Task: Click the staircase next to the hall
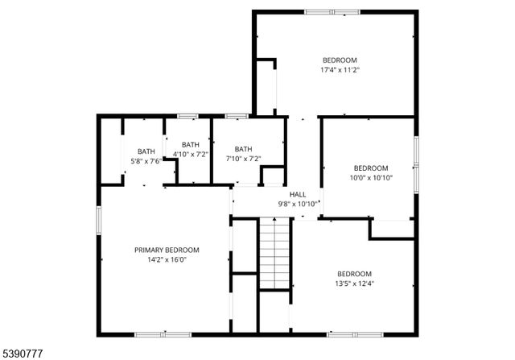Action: tap(274, 254)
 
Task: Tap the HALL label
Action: tap(298, 194)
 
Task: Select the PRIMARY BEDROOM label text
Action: tap(167, 250)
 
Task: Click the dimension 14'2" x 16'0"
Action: tap(167, 260)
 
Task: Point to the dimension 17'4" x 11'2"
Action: tap(340, 70)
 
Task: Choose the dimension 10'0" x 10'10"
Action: tap(371, 178)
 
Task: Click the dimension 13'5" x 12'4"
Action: tap(354, 283)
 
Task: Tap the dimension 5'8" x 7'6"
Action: tap(146, 160)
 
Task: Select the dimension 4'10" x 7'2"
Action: tap(191, 154)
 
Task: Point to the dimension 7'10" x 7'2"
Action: tap(243, 159)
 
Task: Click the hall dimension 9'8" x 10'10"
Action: tap(298, 204)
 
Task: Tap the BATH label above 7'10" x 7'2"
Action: tap(243, 149)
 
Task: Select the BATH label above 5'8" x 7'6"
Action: tap(146, 151)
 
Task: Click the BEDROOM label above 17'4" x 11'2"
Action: tap(340, 60)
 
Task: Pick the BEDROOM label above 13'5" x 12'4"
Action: tap(354, 273)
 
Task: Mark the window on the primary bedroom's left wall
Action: tap(99, 220)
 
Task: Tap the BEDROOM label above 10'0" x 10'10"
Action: tap(371, 168)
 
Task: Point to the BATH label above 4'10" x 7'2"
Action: tap(191, 144)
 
